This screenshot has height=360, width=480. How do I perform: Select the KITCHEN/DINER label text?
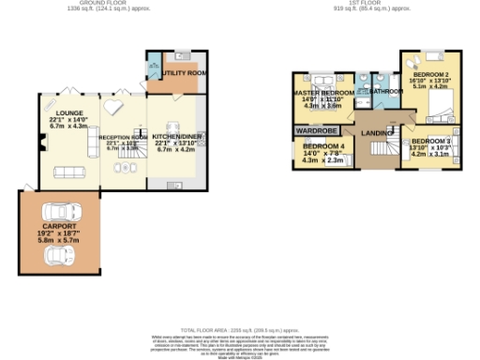tap(176, 135)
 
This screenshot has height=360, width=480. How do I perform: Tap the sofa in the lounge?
tap(67, 172)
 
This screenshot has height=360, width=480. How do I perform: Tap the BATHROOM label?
tap(385, 91)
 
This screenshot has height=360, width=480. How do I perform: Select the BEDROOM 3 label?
tap(431, 141)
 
